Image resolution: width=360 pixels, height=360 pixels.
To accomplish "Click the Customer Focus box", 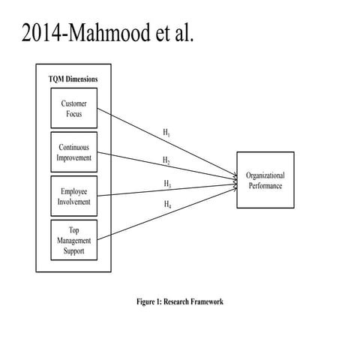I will tap(73, 108).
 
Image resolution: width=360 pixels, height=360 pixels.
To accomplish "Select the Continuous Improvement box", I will tap(73, 152).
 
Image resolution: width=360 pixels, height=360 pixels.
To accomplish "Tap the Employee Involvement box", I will tap(73, 196).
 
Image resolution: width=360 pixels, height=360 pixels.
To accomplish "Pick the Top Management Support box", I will tap(73, 240).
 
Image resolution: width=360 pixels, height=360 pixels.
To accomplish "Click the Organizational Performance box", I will tap(265, 180).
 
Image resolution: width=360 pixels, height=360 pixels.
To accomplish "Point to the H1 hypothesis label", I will tap(166, 133).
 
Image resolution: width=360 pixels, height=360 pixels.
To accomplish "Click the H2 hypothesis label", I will tap(166, 160).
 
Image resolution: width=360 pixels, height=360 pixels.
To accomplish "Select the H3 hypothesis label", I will tap(166, 184).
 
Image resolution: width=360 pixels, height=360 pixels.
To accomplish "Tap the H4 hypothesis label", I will tap(166, 204).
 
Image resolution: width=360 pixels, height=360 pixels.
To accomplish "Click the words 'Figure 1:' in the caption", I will tap(152, 301).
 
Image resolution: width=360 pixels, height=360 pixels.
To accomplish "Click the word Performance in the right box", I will tap(265, 185).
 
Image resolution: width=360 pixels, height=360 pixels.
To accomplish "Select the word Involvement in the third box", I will tap(73, 201).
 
